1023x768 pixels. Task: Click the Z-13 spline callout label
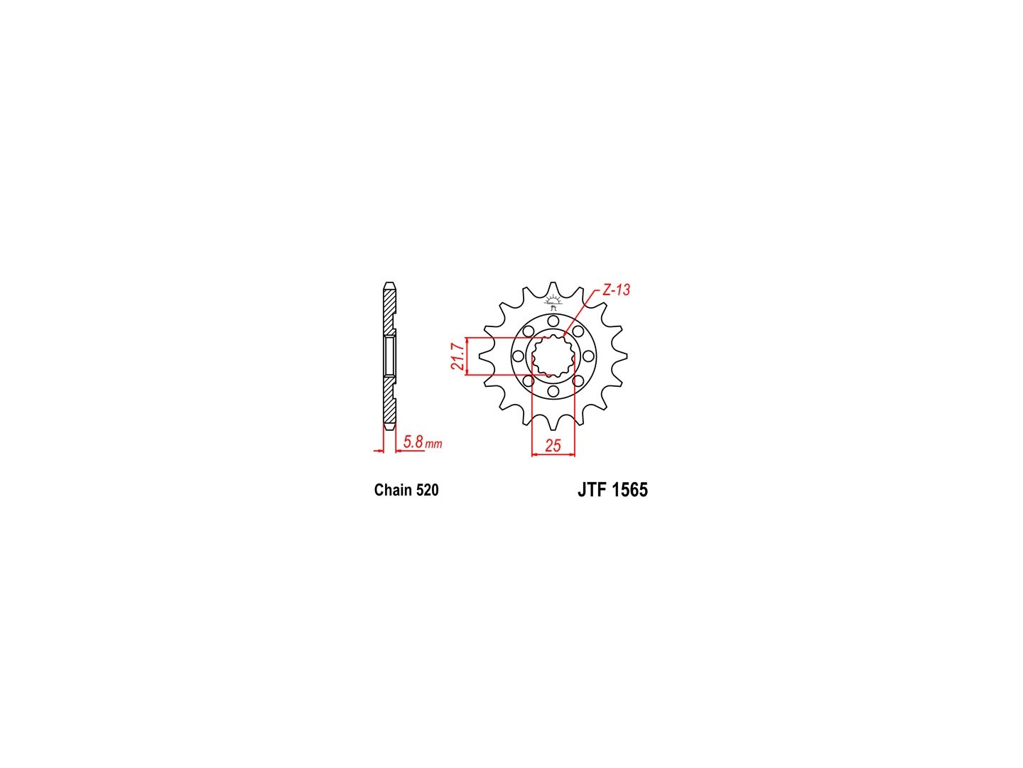click(x=616, y=290)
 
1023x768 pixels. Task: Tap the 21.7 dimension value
click(x=458, y=356)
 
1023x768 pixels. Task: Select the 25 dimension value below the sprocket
click(x=553, y=445)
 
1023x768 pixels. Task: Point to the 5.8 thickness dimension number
click(x=413, y=441)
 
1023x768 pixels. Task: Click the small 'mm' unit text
click(x=433, y=444)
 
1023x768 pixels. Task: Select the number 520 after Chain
click(x=427, y=490)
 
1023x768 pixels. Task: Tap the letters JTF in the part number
click(x=592, y=490)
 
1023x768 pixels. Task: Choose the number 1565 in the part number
click(x=629, y=490)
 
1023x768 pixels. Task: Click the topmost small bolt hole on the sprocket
click(x=553, y=321)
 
